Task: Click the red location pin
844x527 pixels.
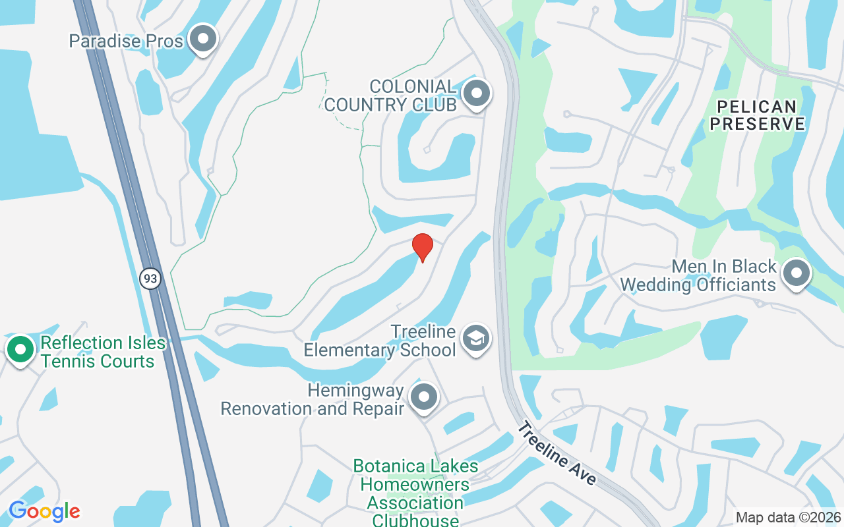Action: (422, 247)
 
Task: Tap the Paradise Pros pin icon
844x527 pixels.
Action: (203, 40)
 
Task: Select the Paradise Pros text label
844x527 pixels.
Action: (126, 41)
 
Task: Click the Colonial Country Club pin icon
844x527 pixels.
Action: (476, 94)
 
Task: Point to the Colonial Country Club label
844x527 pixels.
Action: (390, 96)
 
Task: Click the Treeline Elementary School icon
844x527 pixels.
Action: (475, 337)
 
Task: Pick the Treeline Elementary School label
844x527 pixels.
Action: (380, 341)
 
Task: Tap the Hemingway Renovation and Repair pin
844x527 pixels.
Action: (424, 397)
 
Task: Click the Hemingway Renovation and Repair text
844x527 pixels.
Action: (313, 399)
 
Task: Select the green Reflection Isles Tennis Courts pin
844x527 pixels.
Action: (20, 349)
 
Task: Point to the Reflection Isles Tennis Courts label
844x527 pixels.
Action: (98, 352)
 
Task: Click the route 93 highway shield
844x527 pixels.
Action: (150, 279)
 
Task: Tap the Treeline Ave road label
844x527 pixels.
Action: (556, 453)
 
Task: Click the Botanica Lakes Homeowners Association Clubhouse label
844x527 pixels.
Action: (415, 493)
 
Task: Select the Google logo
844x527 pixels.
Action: (44, 511)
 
